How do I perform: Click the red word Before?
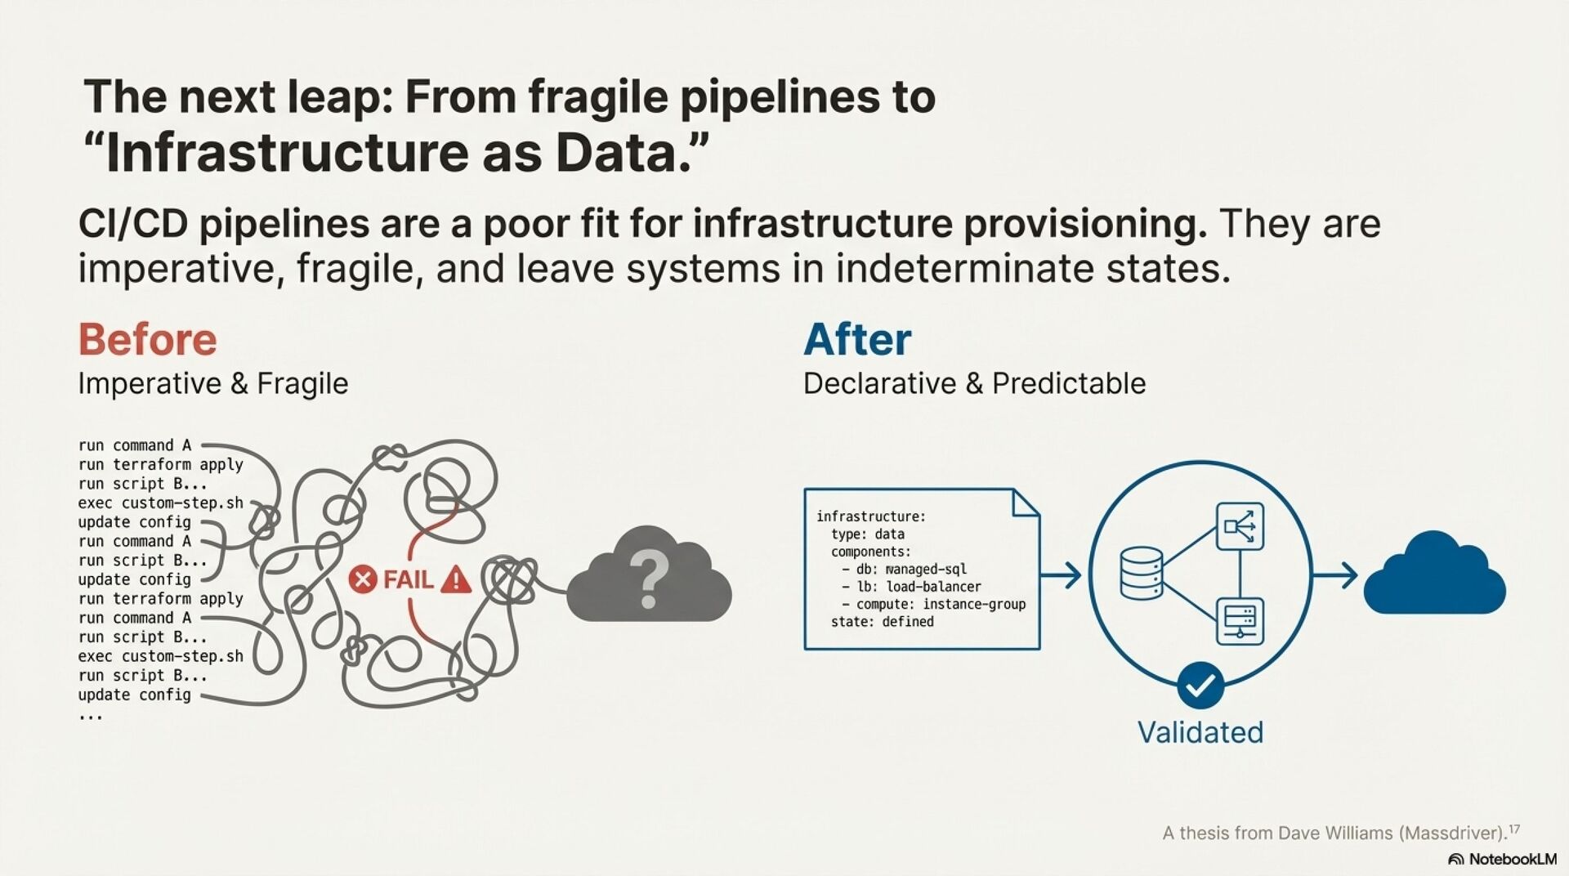(148, 339)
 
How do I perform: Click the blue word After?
(857, 339)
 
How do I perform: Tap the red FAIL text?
(408, 580)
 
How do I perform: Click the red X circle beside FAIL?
(362, 580)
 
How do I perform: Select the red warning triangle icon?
(456, 579)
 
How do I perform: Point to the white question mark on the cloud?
(650, 578)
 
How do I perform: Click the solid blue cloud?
(1434, 576)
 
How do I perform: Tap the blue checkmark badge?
(1200, 686)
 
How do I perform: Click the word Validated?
(1200, 732)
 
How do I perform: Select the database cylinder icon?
(1141, 574)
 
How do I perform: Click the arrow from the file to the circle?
(1062, 575)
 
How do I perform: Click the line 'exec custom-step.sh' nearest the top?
(160, 503)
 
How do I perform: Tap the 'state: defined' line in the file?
(882, 622)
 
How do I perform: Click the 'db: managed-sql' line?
(904, 569)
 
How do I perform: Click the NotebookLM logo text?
(1512, 859)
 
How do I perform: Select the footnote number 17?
(1514, 829)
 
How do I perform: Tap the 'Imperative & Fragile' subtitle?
(212, 383)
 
